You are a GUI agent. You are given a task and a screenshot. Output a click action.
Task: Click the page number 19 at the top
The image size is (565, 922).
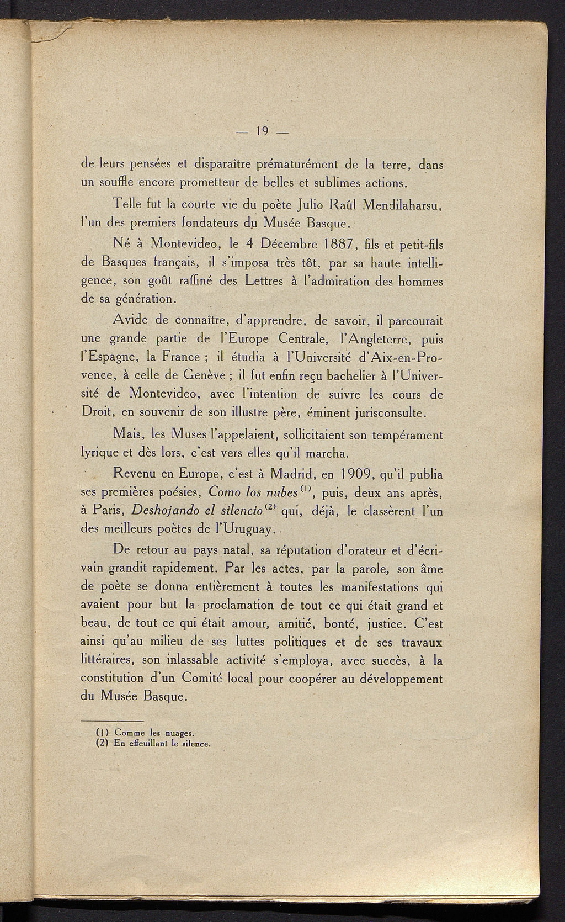[x=262, y=131]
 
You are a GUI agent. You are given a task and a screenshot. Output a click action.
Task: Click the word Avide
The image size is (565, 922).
[x=130, y=320]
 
